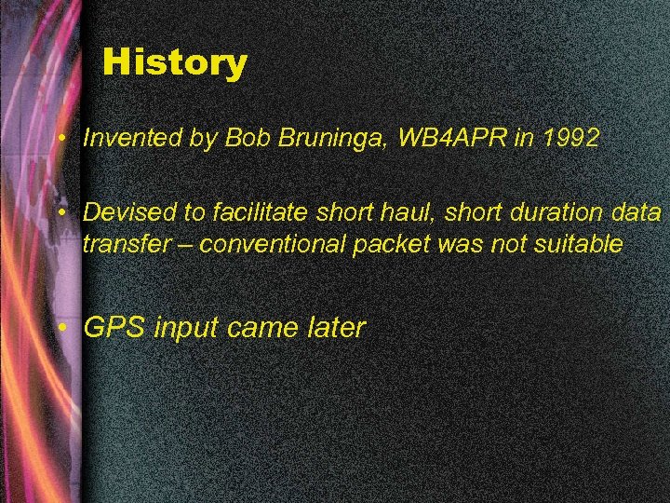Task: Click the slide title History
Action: tap(175, 62)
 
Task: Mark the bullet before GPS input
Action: tap(60, 328)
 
